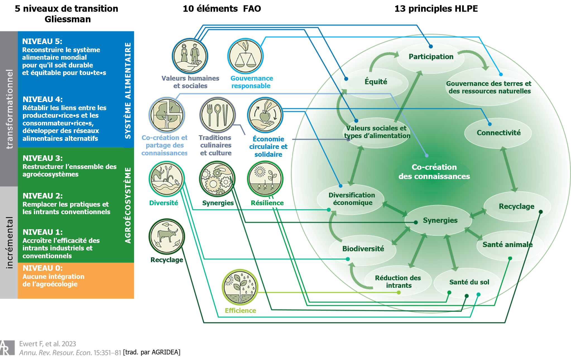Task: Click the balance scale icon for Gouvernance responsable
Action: (x=245, y=56)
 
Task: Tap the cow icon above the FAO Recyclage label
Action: (x=167, y=236)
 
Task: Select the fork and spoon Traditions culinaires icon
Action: (x=217, y=115)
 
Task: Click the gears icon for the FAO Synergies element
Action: (x=217, y=179)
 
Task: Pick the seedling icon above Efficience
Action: (x=240, y=287)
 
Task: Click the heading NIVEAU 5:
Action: (x=42, y=41)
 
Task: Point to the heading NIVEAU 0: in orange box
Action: (x=42, y=268)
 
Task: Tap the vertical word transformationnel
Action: (x=9, y=109)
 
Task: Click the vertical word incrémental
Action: (x=9, y=243)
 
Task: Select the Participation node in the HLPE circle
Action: (x=431, y=57)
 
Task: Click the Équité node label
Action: (x=376, y=82)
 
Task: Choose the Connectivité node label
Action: (x=498, y=133)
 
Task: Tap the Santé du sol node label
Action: (x=469, y=282)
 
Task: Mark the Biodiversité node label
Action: (x=363, y=249)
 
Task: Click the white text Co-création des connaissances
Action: (x=434, y=172)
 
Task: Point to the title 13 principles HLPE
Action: (x=436, y=9)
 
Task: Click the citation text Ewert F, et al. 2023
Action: (x=47, y=344)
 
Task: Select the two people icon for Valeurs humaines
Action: (x=190, y=56)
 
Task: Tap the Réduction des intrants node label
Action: (x=398, y=282)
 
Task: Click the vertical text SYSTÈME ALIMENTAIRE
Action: (x=128, y=91)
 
